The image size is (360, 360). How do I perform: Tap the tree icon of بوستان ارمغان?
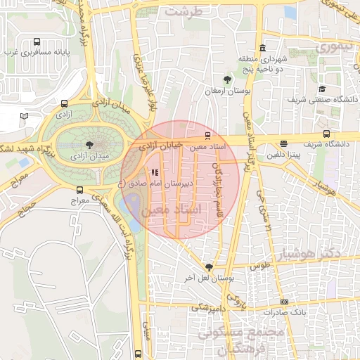point(227,79)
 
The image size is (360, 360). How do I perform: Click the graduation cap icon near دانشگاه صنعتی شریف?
point(322,89)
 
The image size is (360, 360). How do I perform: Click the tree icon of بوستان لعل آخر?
point(208,267)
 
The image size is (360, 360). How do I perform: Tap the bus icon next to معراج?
point(79,189)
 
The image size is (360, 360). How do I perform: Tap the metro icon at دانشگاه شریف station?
point(326,134)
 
